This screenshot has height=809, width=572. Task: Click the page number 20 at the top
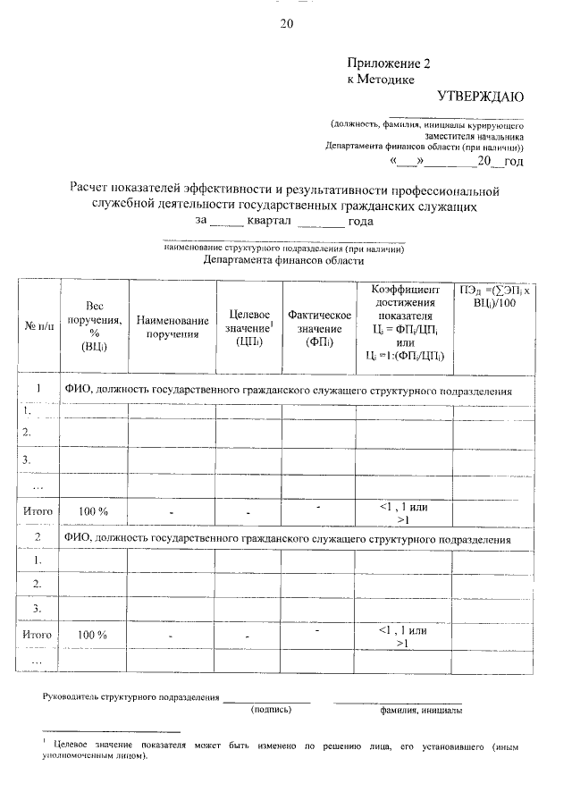(286, 24)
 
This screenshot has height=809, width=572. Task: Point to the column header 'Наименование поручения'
(172, 327)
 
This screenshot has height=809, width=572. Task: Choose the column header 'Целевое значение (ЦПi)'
(248, 327)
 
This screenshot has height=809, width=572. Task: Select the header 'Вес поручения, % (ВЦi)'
(93, 325)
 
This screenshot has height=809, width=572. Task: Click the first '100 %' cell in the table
(93, 511)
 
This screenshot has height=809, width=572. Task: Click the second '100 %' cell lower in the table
(93, 635)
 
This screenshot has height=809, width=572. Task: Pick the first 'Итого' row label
(38, 511)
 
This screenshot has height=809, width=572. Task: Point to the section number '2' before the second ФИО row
(38, 539)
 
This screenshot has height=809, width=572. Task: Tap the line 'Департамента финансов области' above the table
(283, 261)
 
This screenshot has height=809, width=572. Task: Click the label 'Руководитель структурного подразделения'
(131, 695)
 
